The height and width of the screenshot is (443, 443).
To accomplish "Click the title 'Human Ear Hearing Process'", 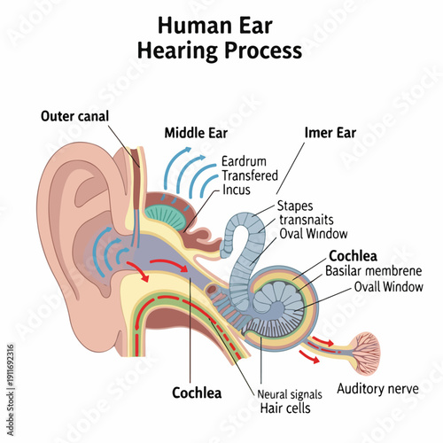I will (x=220, y=38).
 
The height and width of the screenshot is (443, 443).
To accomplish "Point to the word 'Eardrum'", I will (x=245, y=161).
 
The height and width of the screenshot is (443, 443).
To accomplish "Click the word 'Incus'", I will (x=237, y=190).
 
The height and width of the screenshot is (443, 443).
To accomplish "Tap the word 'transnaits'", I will (x=307, y=220).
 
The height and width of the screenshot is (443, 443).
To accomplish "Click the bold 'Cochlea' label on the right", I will (x=352, y=256).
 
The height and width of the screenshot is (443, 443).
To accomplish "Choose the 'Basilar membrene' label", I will (x=373, y=271).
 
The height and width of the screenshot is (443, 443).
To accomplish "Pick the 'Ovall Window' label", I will (x=388, y=286).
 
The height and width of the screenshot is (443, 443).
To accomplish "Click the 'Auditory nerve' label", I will (x=377, y=388).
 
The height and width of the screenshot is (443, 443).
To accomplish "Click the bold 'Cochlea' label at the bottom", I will (x=196, y=392).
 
